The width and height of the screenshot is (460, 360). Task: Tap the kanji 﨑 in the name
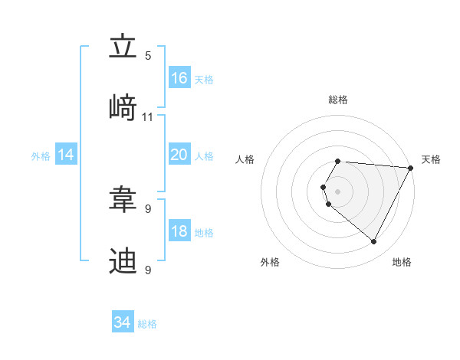coord(123,107)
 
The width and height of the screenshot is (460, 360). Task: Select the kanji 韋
coord(123,199)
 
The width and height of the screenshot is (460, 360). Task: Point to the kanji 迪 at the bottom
coord(123,260)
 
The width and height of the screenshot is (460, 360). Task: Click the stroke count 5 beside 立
coord(148,56)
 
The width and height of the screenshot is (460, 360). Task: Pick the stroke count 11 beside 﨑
coord(148,117)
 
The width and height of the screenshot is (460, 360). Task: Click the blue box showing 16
coord(179,78)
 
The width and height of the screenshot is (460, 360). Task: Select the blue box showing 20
coord(179,155)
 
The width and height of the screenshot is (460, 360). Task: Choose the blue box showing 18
coord(179,231)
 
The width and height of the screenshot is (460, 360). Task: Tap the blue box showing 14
coord(66,155)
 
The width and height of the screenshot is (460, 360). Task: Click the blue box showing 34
coord(123,322)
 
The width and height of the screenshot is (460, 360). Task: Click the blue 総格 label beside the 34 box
coord(147,324)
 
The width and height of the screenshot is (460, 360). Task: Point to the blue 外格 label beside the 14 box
coord(41,156)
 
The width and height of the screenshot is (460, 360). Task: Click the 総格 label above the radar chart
coord(338,100)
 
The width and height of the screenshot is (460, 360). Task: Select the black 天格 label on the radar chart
coord(431,159)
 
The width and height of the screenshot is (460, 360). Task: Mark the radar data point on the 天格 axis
coord(411,168)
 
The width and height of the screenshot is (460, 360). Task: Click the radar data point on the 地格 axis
coord(374,242)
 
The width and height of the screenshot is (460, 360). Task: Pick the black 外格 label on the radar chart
coord(270,262)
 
